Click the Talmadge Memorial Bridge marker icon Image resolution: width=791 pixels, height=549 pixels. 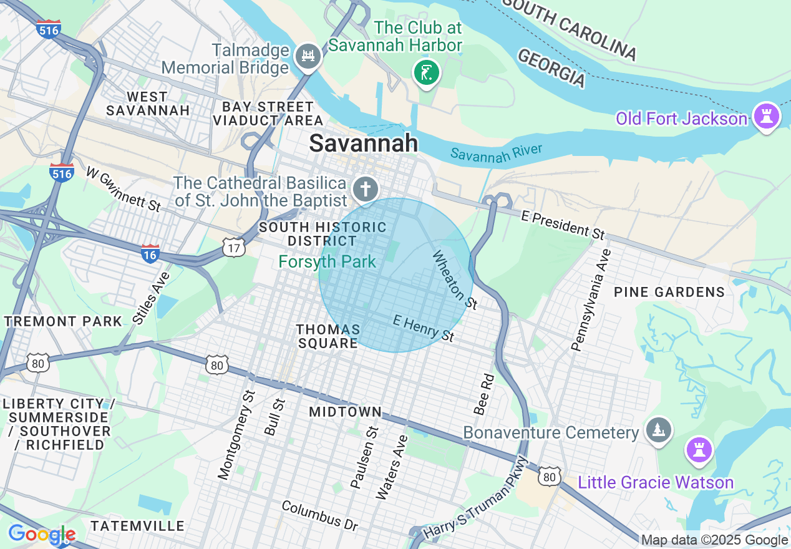307,57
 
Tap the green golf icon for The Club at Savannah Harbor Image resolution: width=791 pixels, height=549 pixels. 427,73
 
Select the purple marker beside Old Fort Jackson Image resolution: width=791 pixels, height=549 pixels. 766,117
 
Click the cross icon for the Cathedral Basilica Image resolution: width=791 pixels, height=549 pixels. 366,188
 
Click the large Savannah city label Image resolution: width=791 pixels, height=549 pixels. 364,143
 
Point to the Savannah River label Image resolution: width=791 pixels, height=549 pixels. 496,153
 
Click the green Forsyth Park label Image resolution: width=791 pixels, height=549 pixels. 328,261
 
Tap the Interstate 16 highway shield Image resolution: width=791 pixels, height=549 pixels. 150,253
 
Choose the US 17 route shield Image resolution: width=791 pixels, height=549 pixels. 233,248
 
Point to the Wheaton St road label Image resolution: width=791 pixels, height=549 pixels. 455,280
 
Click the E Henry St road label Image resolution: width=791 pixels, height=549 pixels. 424,328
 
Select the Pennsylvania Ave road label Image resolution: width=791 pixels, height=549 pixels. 590,300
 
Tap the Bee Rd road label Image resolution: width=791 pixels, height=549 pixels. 483,394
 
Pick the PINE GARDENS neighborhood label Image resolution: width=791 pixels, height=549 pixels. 669,292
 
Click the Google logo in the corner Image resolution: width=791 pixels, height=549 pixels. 42,535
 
